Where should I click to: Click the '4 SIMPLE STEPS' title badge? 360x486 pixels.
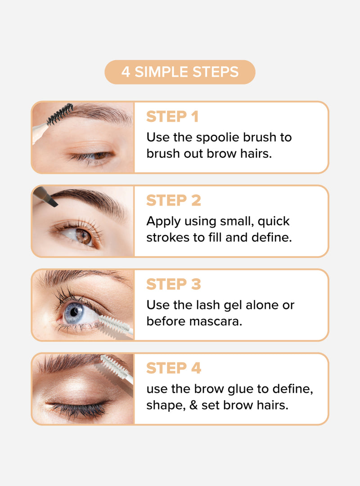[x=180, y=72]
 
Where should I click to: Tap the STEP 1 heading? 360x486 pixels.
[x=172, y=117]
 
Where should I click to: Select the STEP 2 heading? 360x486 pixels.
[x=174, y=201]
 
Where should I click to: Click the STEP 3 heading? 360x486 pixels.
[x=174, y=284]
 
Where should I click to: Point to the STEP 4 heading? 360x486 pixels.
[x=174, y=368]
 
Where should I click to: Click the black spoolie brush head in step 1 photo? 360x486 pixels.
[x=60, y=114]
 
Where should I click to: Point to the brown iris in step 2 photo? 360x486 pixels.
[x=83, y=236]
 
